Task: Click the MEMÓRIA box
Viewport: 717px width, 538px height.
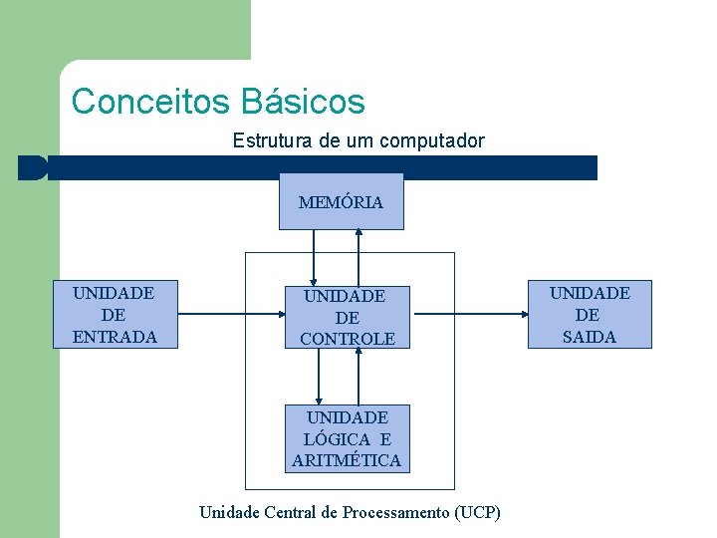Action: [341, 201]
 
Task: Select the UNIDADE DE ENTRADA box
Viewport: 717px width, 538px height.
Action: [115, 314]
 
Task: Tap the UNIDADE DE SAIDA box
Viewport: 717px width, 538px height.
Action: [590, 314]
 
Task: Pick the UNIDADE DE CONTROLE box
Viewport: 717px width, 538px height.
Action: [347, 317]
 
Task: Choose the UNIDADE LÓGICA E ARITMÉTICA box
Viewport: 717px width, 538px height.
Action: [347, 438]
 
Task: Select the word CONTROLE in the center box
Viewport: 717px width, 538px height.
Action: [347, 339]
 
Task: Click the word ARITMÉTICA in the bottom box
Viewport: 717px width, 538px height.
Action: [347, 460]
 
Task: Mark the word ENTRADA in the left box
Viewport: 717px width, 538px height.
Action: [115, 337]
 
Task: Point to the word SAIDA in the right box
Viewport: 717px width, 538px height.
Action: [590, 337]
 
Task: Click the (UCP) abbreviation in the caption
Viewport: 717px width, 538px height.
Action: [477, 512]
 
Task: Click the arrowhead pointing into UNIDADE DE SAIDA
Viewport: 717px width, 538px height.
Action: [526, 314]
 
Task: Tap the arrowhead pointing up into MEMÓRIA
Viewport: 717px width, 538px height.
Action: [358, 233]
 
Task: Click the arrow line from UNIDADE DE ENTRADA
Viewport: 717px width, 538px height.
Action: [219, 314]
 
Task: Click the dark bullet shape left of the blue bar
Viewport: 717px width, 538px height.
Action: [32, 167]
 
